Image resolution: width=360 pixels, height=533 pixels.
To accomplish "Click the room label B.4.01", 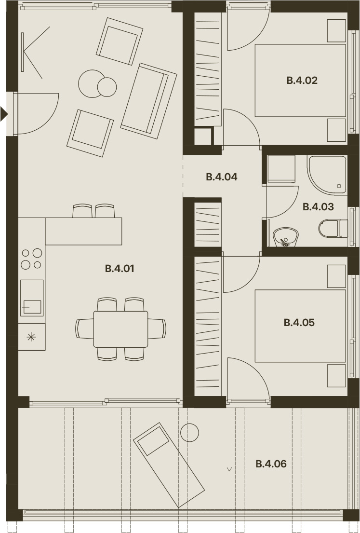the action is (x=120, y=269).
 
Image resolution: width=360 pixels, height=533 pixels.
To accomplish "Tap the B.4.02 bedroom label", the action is (x=302, y=81).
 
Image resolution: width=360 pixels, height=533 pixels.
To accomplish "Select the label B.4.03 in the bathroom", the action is (x=318, y=206).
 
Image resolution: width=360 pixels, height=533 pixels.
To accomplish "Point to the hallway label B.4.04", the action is (x=221, y=177).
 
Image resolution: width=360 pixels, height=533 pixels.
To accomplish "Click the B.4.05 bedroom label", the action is (x=299, y=323).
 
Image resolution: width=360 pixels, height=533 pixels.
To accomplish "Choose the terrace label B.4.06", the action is (x=271, y=464).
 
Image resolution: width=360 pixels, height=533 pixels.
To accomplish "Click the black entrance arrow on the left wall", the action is (x=4, y=114).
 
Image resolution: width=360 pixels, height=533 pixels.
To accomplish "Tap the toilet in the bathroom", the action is (x=333, y=229).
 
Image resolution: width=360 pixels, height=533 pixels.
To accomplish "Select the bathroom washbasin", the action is (x=286, y=237).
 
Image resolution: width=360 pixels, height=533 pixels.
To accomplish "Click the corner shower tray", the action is (x=328, y=175).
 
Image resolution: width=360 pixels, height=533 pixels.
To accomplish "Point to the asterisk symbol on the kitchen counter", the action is (x=31, y=337).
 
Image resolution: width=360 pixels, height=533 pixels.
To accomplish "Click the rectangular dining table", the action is (x=120, y=329).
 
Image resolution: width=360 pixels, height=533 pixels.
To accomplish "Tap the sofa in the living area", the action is (x=149, y=101).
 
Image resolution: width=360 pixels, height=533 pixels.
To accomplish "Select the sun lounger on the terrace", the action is (x=169, y=465).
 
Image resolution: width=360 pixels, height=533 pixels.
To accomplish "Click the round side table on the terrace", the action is (x=189, y=433).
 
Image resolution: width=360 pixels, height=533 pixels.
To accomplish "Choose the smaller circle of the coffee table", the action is (x=107, y=87).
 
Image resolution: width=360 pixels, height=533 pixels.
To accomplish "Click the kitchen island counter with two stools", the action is (x=83, y=231).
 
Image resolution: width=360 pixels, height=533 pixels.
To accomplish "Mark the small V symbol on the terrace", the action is (x=229, y=469).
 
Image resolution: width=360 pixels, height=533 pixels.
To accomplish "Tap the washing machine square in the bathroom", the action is (x=281, y=169).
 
